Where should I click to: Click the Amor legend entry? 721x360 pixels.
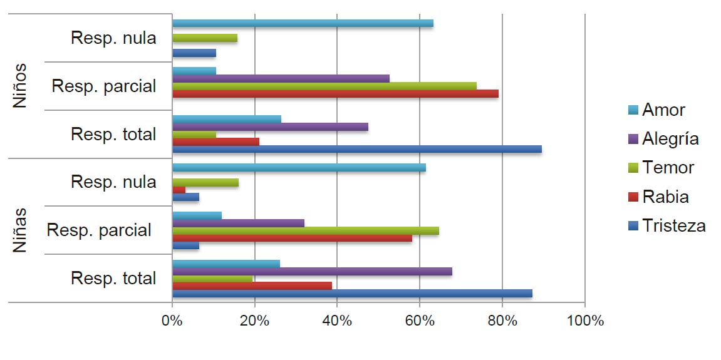pos(663,110)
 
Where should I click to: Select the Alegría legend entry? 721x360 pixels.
pos(670,138)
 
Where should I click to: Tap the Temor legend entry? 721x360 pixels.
pos(668,168)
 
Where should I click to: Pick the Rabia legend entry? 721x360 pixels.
pos(665,197)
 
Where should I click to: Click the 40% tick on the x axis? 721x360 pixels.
pos(336,321)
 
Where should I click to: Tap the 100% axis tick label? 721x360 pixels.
pos(584,321)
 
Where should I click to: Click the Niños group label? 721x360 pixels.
pos(20,85)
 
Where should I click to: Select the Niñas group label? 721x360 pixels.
pos(20,230)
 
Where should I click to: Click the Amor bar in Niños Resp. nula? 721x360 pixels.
pos(303,23)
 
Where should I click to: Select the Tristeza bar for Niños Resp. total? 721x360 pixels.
pos(356,149)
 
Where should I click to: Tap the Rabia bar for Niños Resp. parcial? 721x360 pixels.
pos(335,93)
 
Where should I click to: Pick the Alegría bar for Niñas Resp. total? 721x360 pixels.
pos(312,271)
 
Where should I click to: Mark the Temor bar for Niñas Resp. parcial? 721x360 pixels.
pos(305,230)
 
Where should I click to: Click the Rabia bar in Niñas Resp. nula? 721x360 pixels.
pos(179,189)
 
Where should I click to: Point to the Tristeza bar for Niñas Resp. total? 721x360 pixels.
pos(352,293)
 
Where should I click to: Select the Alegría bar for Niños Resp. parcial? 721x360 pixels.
pos(281,78)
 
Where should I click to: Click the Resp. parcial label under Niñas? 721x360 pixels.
pos(99,230)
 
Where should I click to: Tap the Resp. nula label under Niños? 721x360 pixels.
pos(113,38)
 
